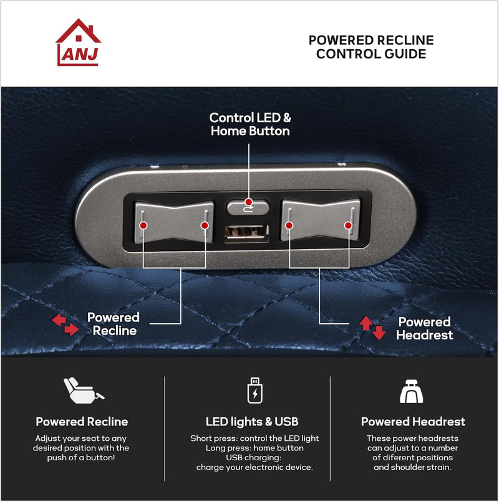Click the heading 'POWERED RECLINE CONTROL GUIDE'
[371, 47]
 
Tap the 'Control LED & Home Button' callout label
[250, 125]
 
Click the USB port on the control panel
[247, 235]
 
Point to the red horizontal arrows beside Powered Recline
[65, 324]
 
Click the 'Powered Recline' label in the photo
[113, 324]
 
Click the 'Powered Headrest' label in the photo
[424, 328]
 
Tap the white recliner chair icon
[83, 390]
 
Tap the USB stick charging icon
[254, 391]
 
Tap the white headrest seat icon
[412, 391]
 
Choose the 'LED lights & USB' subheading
[252, 422]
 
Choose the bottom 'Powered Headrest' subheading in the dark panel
[413, 422]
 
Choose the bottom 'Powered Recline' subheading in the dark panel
[82, 422]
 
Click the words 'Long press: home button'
[254, 448]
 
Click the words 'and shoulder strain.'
[412, 467]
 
